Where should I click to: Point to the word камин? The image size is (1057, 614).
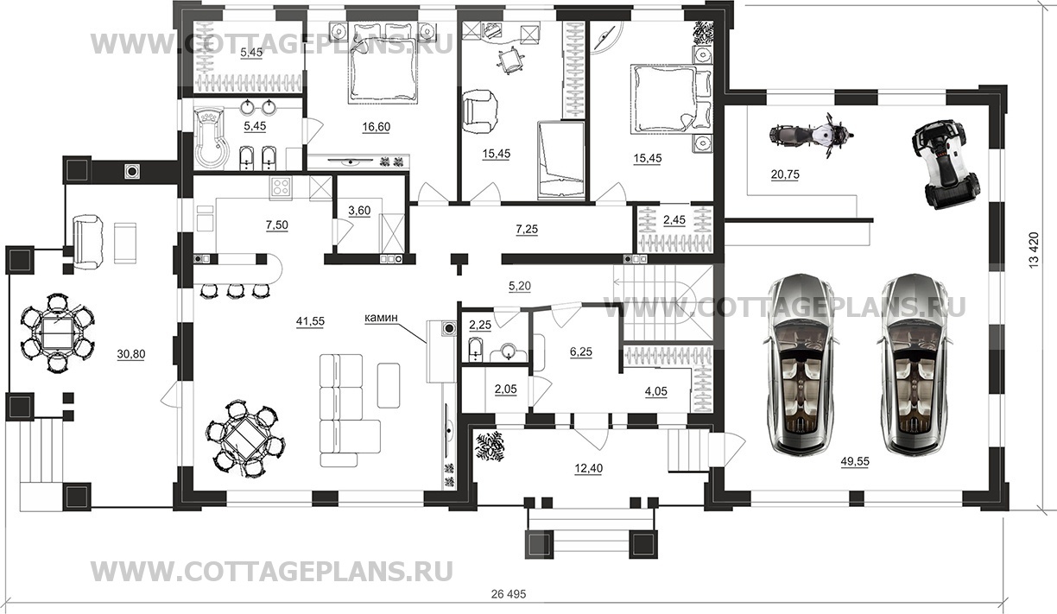pyautogui.click(x=380, y=318)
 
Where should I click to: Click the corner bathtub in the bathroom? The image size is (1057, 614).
pyautogui.click(x=209, y=140)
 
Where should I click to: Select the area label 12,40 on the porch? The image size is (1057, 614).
pyautogui.click(x=587, y=469)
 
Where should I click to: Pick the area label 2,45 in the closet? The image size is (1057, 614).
pyautogui.click(x=674, y=220)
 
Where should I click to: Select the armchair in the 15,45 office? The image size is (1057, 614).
pyautogui.click(x=480, y=111)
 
